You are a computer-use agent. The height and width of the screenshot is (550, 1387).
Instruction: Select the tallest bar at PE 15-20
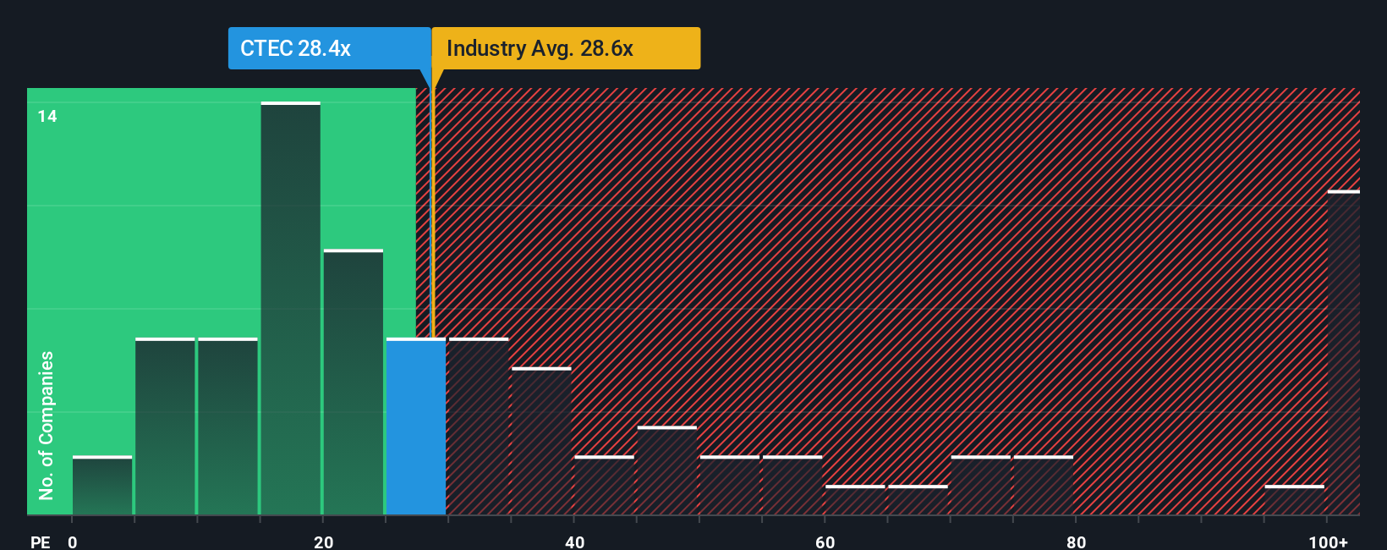click(290, 309)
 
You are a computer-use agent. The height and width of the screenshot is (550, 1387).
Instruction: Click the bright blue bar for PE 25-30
click(416, 426)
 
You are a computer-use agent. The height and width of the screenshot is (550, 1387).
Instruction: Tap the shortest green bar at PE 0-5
click(102, 486)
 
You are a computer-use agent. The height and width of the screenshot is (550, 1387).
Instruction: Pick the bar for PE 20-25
click(354, 382)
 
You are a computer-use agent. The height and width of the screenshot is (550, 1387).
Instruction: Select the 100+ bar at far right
click(1343, 353)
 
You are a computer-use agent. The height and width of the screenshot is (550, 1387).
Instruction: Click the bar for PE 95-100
click(1294, 500)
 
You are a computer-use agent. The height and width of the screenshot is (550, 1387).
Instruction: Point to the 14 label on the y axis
click(47, 117)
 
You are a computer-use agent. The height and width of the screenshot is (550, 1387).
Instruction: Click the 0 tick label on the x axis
click(73, 542)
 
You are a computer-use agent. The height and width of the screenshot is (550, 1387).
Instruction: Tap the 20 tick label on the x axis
click(323, 542)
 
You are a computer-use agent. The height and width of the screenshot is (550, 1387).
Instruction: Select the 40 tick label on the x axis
click(574, 542)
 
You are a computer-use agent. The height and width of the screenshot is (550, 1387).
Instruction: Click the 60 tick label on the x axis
click(825, 542)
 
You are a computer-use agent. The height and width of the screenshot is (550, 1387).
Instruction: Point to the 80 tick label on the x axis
click(1076, 542)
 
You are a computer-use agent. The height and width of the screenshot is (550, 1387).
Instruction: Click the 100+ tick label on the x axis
click(1328, 542)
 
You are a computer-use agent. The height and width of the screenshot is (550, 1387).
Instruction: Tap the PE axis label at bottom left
click(40, 542)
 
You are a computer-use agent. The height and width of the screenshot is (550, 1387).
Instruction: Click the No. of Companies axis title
click(47, 425)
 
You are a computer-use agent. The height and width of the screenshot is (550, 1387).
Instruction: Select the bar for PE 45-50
click(667, 470)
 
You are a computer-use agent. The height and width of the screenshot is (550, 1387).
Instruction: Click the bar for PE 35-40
click(541, 441)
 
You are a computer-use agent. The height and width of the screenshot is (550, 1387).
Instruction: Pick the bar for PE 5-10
click(165, 426)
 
